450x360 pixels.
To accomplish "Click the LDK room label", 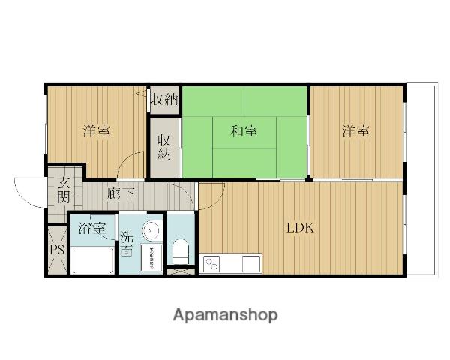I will (x=299, y=228).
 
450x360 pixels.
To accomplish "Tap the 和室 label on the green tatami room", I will (x=244, y=132).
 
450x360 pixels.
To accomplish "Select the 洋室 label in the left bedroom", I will (x=97, y=132).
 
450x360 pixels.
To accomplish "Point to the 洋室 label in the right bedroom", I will (x=356, y=132).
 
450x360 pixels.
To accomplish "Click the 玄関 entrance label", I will (x=64, y=190).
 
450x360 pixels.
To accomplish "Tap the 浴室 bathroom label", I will (x=91, y=228).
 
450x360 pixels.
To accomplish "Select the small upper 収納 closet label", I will (x=163, y=100).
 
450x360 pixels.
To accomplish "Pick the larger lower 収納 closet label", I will (x=163, y=147).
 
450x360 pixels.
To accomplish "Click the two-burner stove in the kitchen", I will (x=212, y=264).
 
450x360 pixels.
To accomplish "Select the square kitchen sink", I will (x=250, y=264).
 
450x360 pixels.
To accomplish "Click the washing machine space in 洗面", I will (x=151, y=257).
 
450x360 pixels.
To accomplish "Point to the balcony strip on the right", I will (x=421, y=180).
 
